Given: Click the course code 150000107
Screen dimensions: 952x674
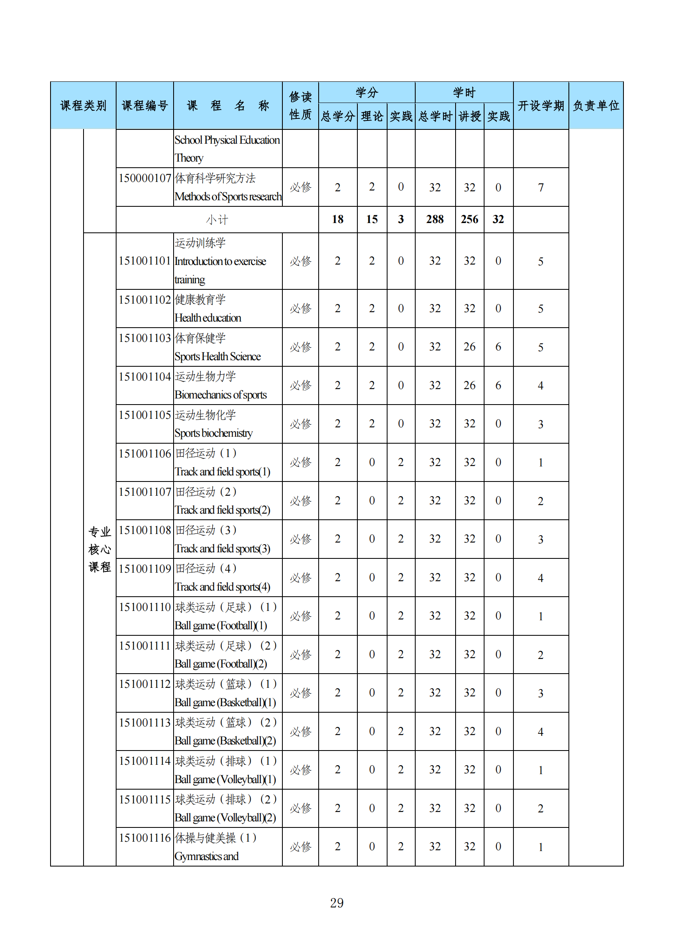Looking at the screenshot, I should [x=145, y=178].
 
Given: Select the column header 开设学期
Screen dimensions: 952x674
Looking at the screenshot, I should [x=540, y=106].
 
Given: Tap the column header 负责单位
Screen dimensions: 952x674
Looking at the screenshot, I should [x=596, y=106].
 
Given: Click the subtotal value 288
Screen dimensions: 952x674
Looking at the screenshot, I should [x=434, y=219].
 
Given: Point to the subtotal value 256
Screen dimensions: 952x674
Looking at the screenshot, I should [x=469, y=219].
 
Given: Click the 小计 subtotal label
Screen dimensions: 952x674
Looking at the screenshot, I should [x=217, y=220].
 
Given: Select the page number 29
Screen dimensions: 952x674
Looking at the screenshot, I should [x=337, y=903].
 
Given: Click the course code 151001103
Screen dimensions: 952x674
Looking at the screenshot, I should [x=145, y=338].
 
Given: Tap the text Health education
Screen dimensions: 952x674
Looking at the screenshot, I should [x=207, y=318].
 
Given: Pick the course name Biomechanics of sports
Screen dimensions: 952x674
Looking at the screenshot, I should [x=220, y=395].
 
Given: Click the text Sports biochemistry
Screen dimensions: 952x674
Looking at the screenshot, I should [x=213, y=433].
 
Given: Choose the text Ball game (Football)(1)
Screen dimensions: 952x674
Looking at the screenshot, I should [x=220, y=625].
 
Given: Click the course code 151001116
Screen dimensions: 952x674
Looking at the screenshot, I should [x=145, y=838].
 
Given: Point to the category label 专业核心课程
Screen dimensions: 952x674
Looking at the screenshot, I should [x=99, y=549].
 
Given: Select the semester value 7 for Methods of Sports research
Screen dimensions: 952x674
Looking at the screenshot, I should [x=540, y=187].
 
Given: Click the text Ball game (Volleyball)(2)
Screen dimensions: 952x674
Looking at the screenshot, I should [x=225, y=818].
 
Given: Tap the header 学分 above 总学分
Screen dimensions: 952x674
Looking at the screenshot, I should [x=366, y=92].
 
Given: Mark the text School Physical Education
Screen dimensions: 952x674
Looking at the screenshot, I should [x=227, y=140].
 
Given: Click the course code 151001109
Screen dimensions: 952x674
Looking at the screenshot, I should [x=145, y=569].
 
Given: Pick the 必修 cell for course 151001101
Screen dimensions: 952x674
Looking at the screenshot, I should [x=300, y=261].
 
